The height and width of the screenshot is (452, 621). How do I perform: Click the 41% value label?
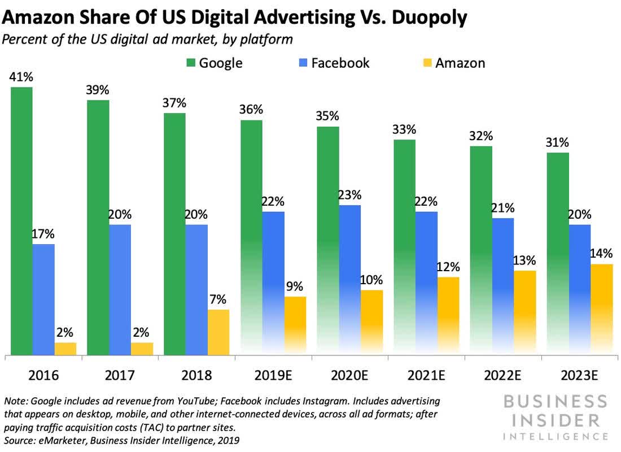20,77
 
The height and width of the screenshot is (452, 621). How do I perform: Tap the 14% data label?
602,254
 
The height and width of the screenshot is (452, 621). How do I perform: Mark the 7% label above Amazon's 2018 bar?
218,299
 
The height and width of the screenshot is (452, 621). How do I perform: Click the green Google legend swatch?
189,62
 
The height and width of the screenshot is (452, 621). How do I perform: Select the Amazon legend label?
460,62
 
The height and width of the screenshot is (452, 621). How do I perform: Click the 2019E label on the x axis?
273,374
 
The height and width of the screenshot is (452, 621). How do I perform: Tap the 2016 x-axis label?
43,374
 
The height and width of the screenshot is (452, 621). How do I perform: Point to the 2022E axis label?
502,374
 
